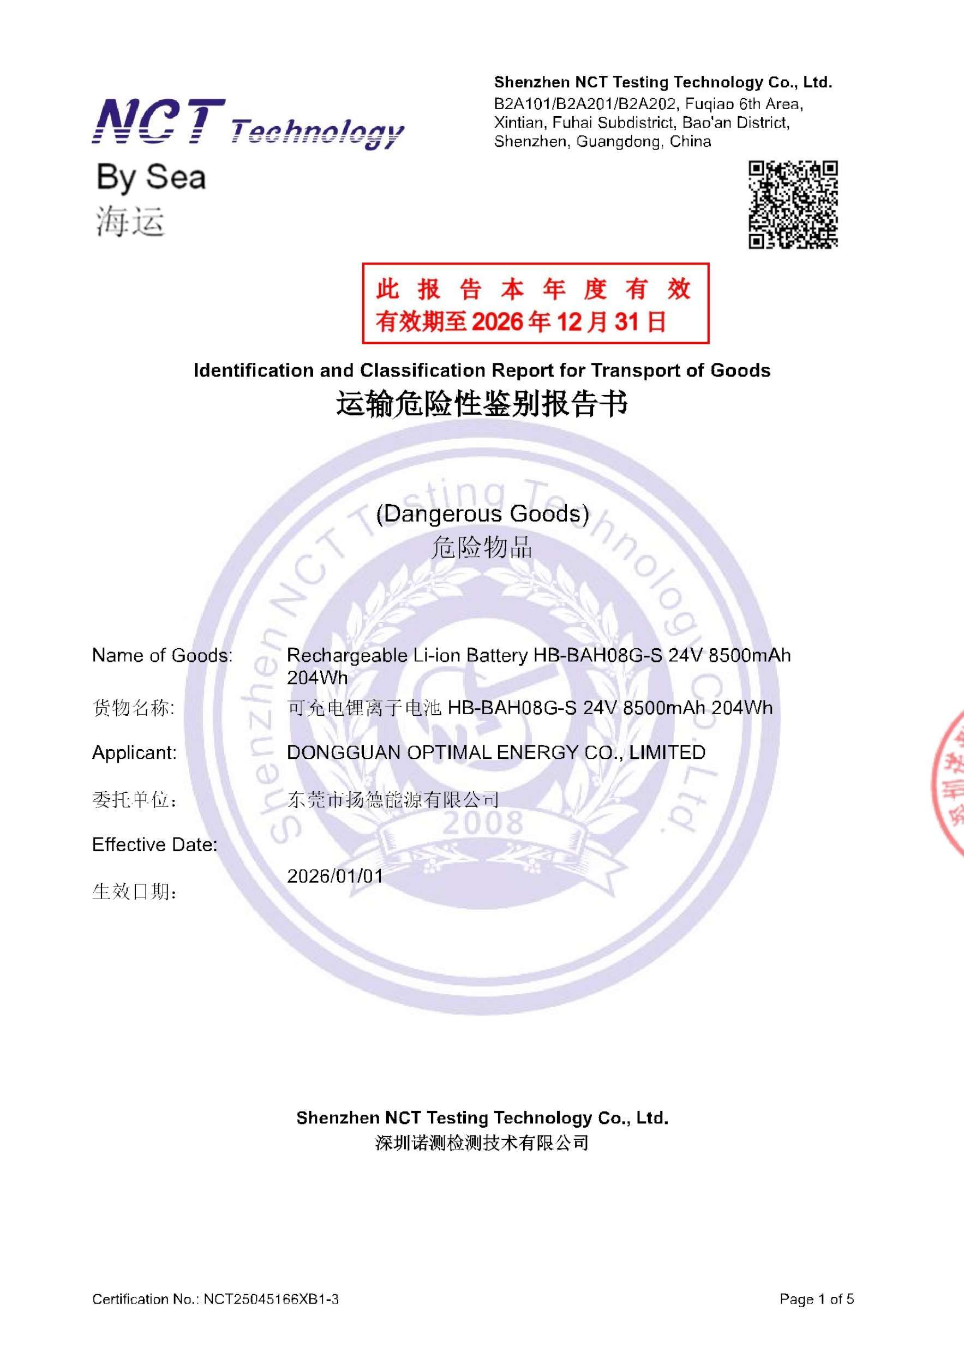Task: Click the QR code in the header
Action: (792, 205)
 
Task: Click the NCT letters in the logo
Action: (159, 122)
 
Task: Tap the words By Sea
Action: (151, 177)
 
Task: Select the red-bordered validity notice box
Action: (535, 303)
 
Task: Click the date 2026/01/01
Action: (335, 876)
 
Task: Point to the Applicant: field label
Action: (134, 753)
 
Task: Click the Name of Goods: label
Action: (162, 655)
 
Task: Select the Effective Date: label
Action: (154, 844)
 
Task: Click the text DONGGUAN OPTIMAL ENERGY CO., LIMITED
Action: (496, 753)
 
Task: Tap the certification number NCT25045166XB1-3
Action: (271, 1299)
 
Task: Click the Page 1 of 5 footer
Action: (816, 1299)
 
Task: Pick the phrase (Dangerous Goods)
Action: (482, 514)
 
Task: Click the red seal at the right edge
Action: (949, 784)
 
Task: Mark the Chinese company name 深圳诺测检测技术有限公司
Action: (482, 1142)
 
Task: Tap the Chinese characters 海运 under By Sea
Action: (130, 222)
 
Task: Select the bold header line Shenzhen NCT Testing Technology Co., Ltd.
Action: (663, 82)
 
